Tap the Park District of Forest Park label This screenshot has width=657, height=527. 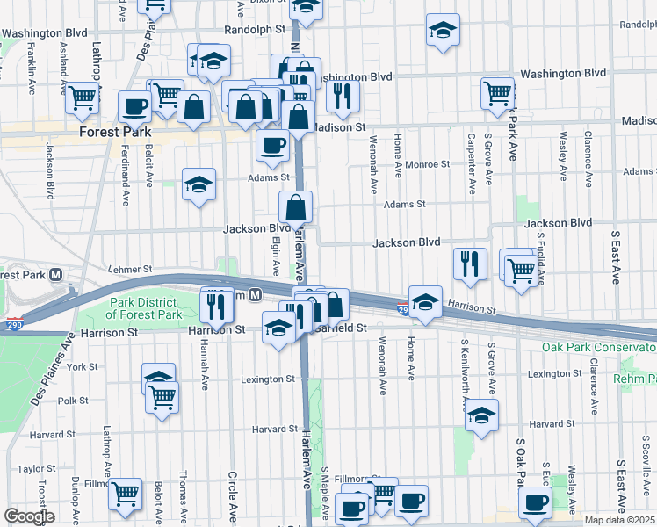pyautogui.click(x=145, y=308)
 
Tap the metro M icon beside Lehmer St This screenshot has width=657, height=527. pyautogui.click(x=56, y=274)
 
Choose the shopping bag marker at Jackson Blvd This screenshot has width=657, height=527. pyautogui.click(x=296, y=208)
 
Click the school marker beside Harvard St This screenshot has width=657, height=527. pyautogui.click(x=481, y=415)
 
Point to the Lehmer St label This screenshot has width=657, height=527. pyautogui.click(x=129, y=269)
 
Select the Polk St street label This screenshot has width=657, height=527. pyautogui.click(x=69, y=400)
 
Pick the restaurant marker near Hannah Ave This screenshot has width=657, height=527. pyautogui.click(x=214, y=305)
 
